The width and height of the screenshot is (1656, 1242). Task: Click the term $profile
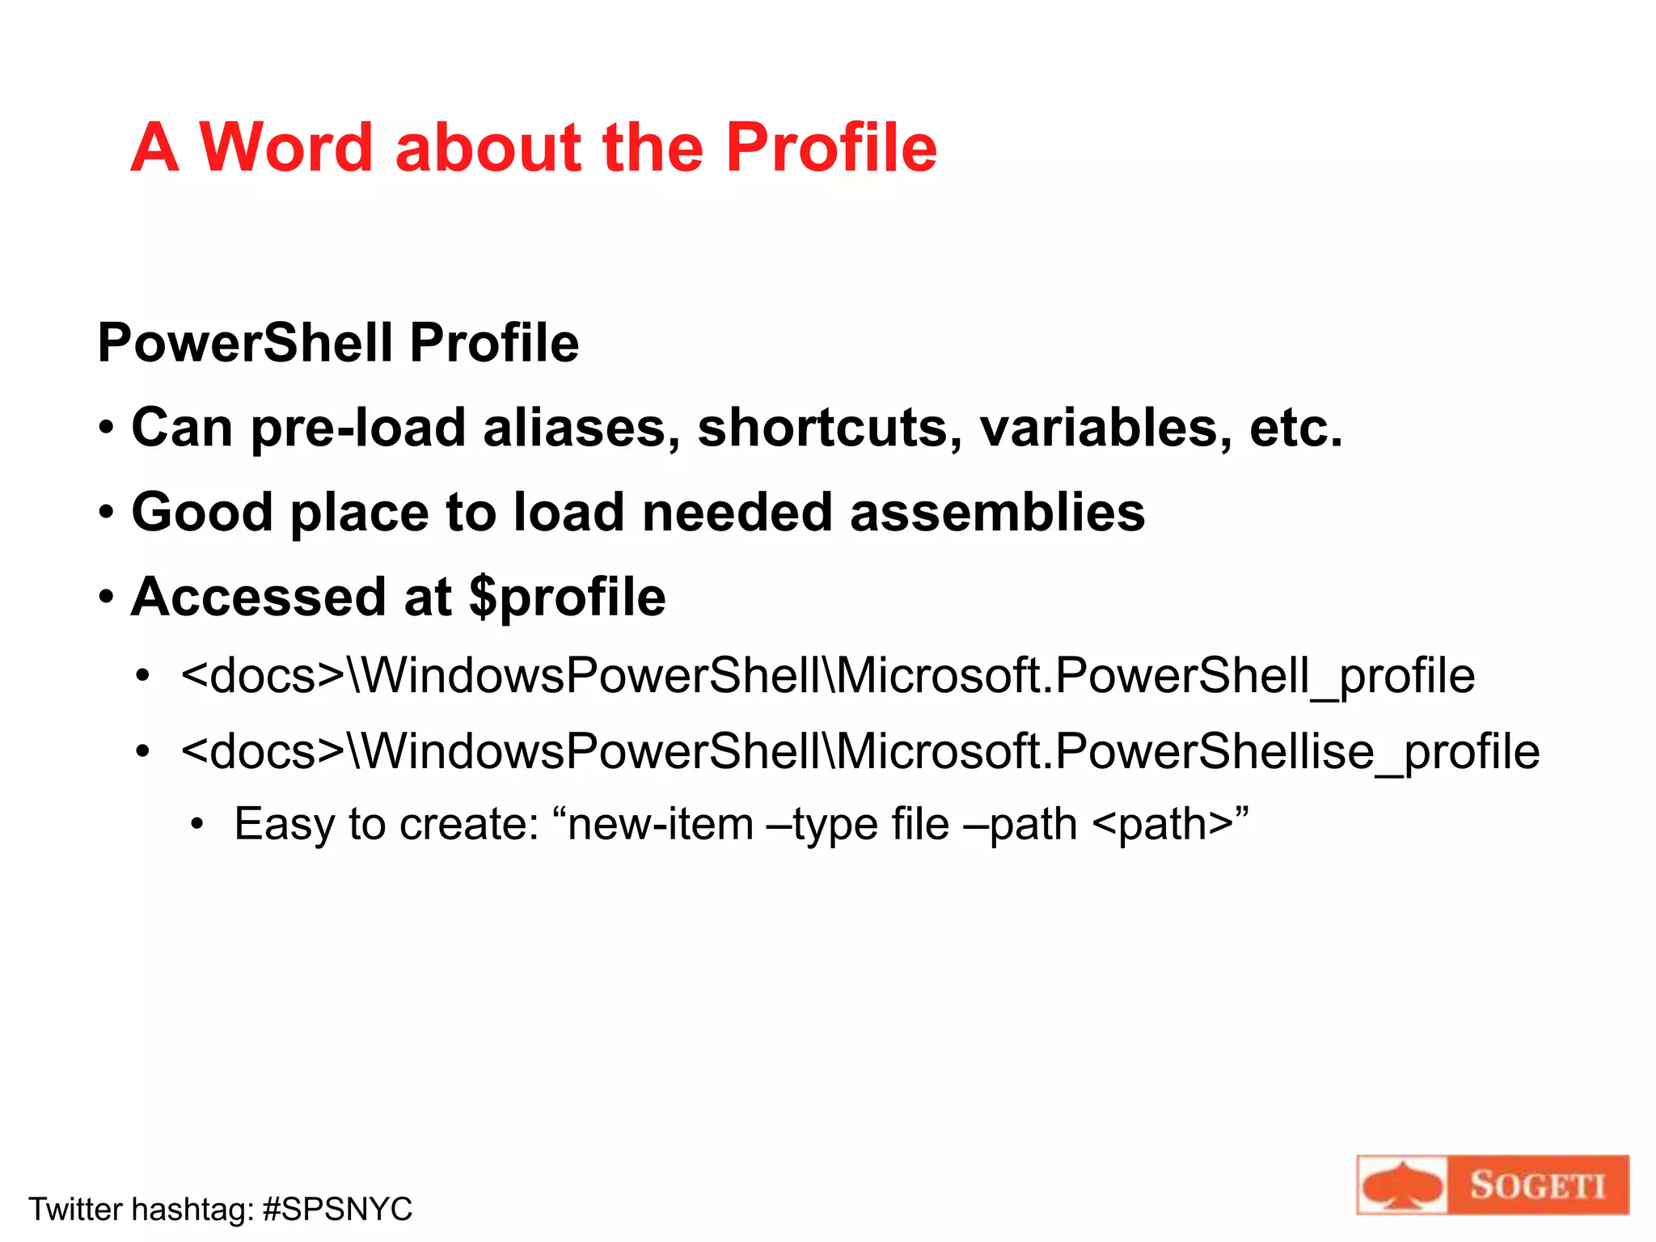pyautogui.click(x=568, y=598)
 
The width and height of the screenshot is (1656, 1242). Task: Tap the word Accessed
pyautogui.click(x=258, y=598)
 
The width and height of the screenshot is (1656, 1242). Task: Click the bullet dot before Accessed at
pyautogui.click(x=107, y=598)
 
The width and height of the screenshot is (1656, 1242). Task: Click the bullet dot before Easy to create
pyautogui.click(x=197, y=826)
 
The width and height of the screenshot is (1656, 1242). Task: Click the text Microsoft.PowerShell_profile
pyautogui.click(x=1155, y=676)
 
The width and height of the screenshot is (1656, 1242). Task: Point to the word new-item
pyautogui.click(x=661, y=825)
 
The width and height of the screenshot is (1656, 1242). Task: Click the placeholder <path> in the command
pyautogui.click(x=1163, y=825)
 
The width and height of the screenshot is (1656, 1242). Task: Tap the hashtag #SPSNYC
pyautogui.click(x=338, y=1210)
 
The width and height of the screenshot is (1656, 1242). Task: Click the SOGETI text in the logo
pyautogui.click(x=1536, y=1186)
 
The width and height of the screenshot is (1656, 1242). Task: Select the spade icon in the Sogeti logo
pyautogui.click(x=1401, y=1186)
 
